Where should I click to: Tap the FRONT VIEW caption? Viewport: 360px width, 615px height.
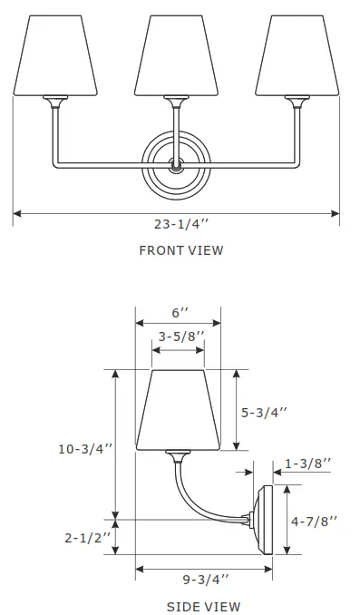[180, 250]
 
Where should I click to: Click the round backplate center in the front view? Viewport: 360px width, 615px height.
[177, 164]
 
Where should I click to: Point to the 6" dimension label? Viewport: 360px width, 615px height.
[179, 313]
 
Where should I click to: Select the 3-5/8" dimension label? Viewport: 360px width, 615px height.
[179, 337]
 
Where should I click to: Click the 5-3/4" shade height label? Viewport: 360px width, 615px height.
[264, 412]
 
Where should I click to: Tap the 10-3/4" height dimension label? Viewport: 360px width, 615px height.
[84, 448]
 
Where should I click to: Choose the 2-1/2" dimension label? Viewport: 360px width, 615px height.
[88, 537]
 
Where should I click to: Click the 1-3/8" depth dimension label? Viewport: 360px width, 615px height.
[308, 464]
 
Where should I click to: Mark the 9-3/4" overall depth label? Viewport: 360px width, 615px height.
[204, 578]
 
